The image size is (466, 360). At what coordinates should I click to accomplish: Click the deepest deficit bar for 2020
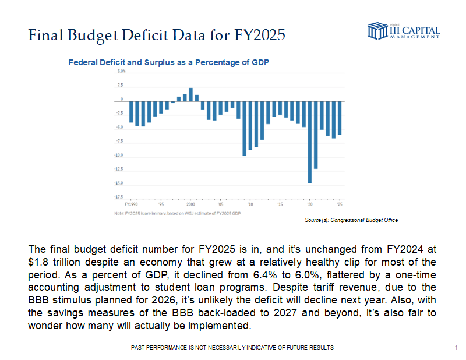click(x=310, y=142)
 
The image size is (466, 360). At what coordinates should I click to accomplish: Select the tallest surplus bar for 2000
click(x=190, y=94)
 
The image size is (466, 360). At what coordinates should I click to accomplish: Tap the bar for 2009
click(x=244, y=128)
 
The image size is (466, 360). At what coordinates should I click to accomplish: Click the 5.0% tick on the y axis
click(x=121, y=72)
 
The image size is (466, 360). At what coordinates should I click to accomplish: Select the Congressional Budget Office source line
click(x=351, y=220)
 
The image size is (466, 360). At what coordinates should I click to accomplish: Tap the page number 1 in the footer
click(x=454, y=348)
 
